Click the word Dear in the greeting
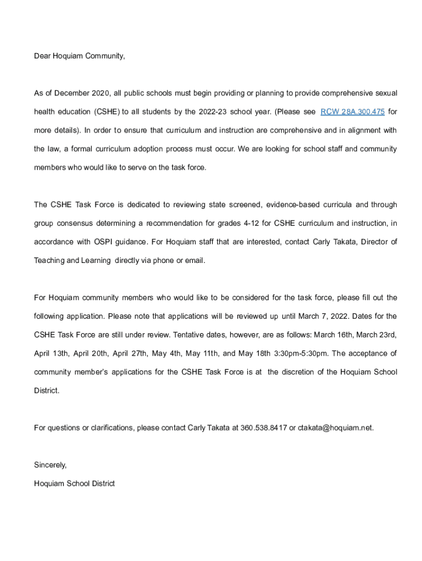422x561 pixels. [x=42, y=56]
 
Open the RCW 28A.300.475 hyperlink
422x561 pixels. [x=352, y=112]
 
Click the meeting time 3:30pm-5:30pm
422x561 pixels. [x=313, y=354]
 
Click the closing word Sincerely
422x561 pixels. [x=50, y=465]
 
